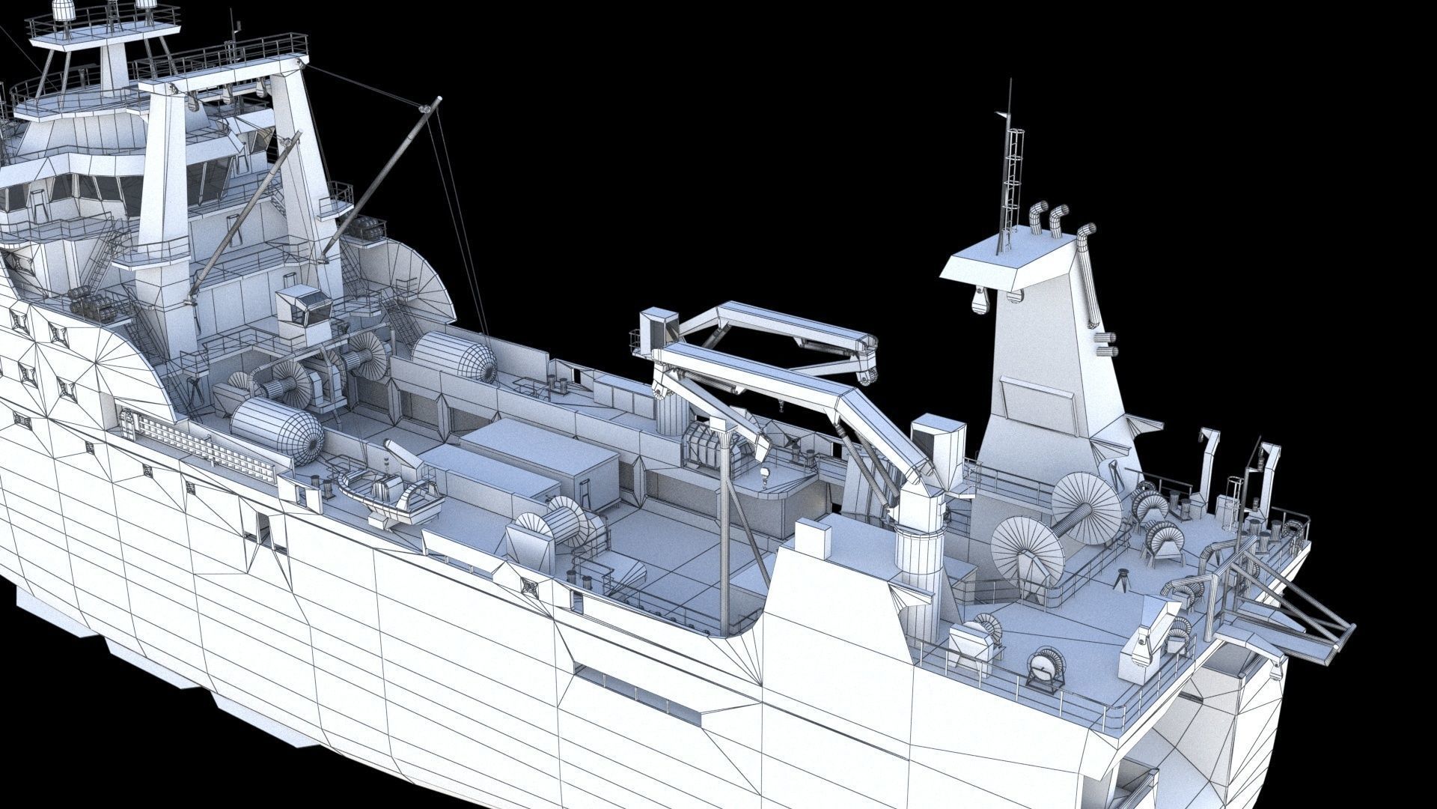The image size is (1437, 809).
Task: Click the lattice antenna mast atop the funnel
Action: pos(1012,172)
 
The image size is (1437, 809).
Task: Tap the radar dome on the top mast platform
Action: pos(64,10)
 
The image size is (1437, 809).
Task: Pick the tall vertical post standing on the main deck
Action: pos(724,524)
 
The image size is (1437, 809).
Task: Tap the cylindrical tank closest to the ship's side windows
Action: pos(276,429)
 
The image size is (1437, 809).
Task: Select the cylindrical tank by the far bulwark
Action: pos(455,358)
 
